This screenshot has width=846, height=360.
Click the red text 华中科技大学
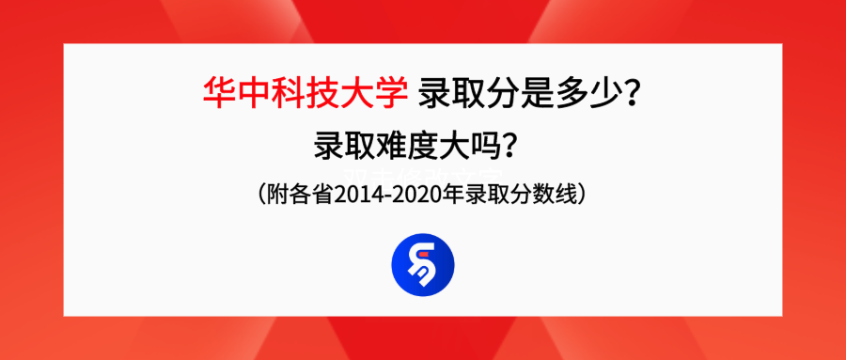pos(305,93)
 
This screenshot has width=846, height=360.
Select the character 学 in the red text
pos(392,93)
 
